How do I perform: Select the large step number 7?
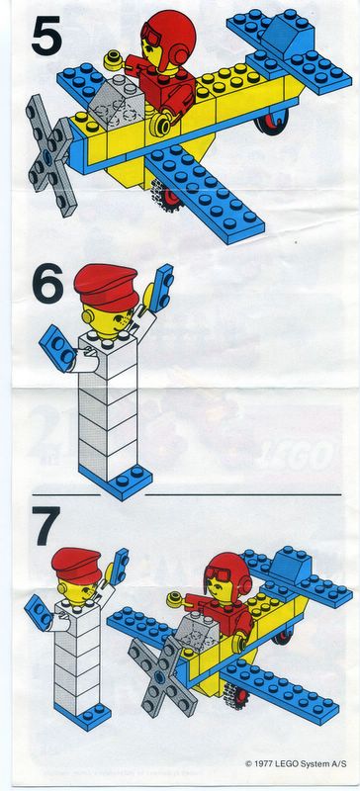pos(45,526)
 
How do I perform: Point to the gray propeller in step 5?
pos(50,154)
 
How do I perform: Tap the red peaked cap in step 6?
pos(106,287)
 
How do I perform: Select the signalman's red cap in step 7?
pos(76,565)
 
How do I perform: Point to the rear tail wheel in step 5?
pos(272,122)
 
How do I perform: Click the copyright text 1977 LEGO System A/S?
pos(296,763)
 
